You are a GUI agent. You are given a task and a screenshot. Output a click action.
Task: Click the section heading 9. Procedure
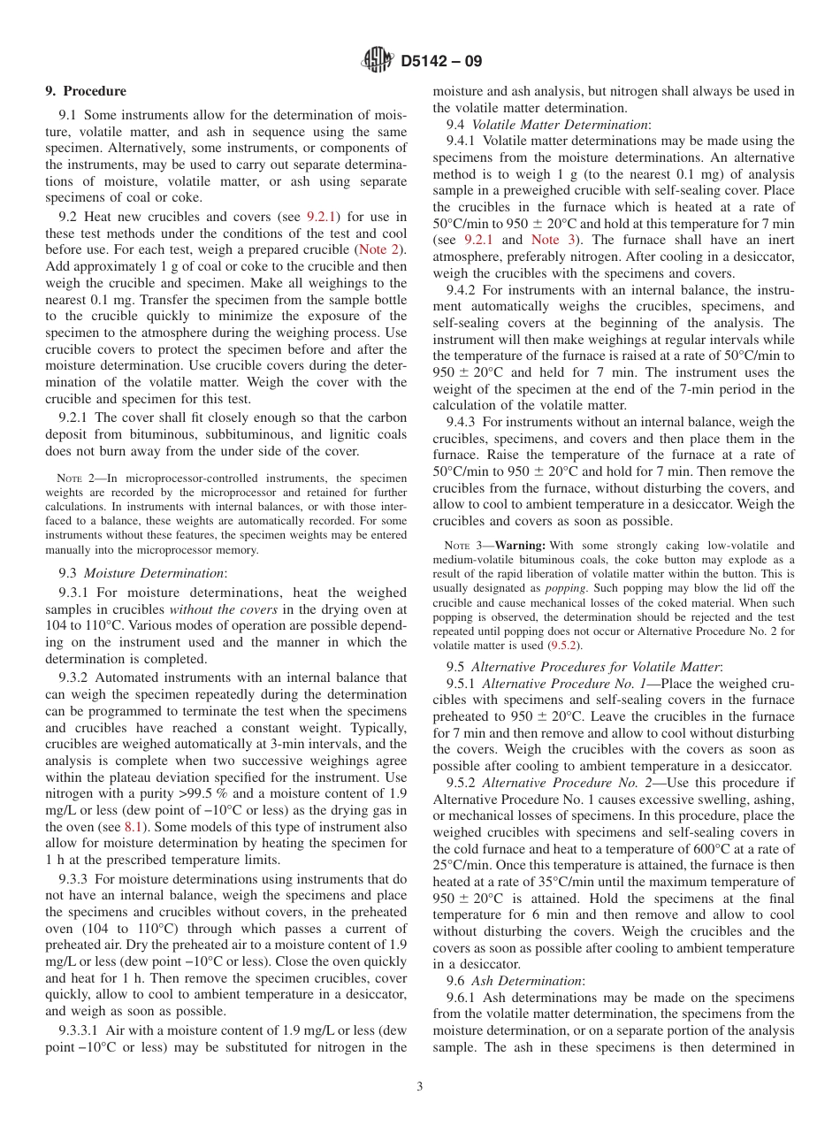point(86,91)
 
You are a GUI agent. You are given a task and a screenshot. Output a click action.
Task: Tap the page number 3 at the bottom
point(420,1086)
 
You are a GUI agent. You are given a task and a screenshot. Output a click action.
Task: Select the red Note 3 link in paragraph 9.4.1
point(545,240)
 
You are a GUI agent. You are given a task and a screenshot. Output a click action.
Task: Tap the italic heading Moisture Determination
point(154,572)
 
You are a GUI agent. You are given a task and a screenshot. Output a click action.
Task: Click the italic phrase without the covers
point(225,609)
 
